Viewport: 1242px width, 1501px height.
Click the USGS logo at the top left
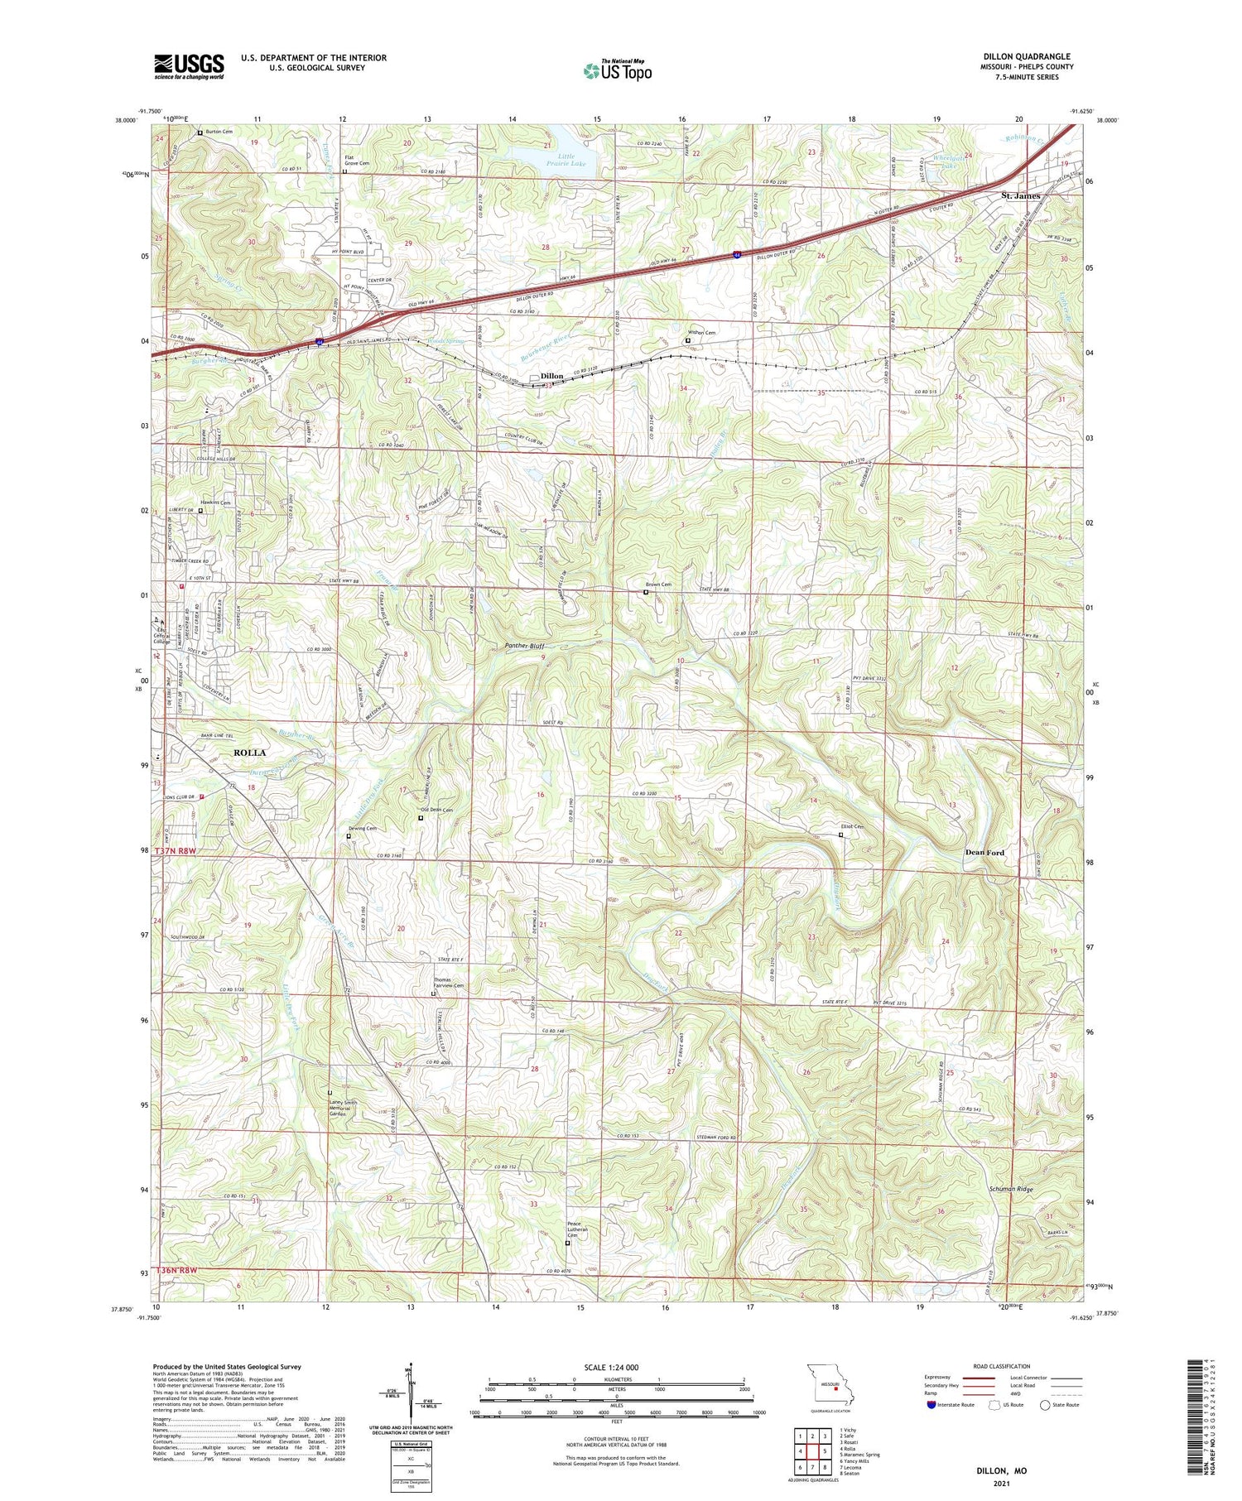[x=189, y=67]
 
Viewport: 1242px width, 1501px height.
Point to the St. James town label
[x=1020, y=195]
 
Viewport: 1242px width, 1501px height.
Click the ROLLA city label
[x=249, y=753]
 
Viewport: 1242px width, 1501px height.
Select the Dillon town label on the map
[x=551, y=376]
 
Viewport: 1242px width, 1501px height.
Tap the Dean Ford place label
[x=984, y=852]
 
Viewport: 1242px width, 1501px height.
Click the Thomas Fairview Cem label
[x=449, y=985]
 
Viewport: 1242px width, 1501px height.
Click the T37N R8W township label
[x=176, y=851]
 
